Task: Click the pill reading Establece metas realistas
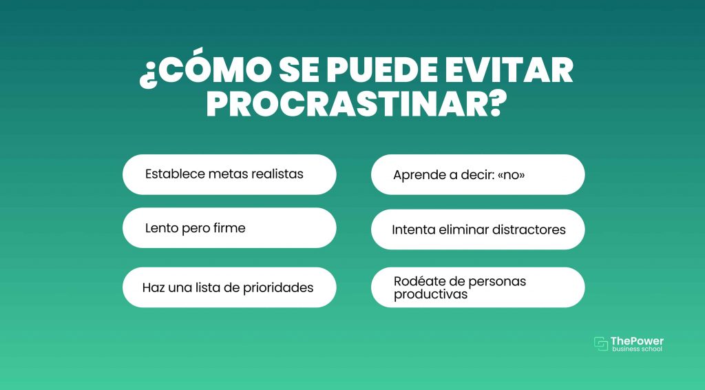pos(229,174)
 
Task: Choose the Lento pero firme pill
pos(229,227)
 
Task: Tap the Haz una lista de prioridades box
pos(229,287)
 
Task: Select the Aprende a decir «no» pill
pos(478,174)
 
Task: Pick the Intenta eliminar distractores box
pos(478,229)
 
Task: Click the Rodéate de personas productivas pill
pos(478,287)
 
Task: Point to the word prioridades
pos(278,288)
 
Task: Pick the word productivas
pos(431,295)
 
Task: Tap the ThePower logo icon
pos(600,344)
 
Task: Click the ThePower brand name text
pos(637,341)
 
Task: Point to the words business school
pos(637,349)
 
